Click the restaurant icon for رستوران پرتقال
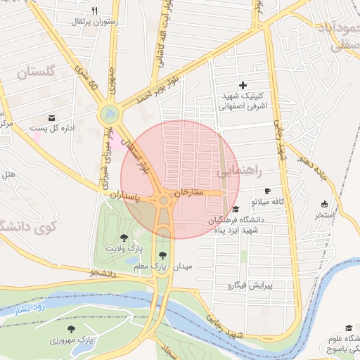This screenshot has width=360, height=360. (x=94, y=11)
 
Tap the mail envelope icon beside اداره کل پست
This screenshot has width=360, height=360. (x=51, y=117)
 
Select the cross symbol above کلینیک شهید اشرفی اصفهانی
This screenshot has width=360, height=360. (x=243, y=84)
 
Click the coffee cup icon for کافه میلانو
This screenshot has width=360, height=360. (x=267, y=191)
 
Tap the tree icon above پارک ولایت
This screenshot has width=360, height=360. (x=124, y=238)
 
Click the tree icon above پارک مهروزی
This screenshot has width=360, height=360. (x=71, y=328)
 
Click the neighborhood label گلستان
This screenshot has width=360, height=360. (x=35, y=72)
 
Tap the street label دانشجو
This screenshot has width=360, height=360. (x=103, y=274)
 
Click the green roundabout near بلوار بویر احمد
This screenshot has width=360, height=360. (x=109, y=112)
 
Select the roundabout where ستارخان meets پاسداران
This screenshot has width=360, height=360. (x=164, y=201)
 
